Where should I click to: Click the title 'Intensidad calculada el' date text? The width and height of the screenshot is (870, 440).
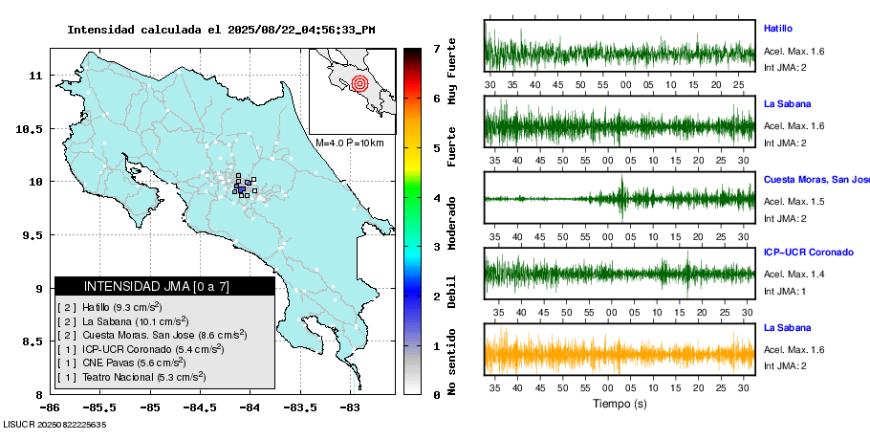pyautogui.click(x=221, y=30)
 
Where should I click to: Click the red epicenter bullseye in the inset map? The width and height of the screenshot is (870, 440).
pyautogui.click(x=359, y=83)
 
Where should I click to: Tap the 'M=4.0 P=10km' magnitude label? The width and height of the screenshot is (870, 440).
pyautogui.click(x=350, y=143)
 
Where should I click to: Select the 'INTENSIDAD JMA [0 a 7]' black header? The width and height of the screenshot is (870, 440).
pyautogui.click(x=164, y=286)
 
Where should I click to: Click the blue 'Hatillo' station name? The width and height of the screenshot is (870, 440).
pyautogui.click(x=778, y=29)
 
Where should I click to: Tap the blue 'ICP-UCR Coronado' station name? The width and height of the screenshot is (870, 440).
pyautogui.click(x=808, y=253)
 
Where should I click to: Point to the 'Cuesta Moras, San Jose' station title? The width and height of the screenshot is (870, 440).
pyautogui.click(x=816, y=179)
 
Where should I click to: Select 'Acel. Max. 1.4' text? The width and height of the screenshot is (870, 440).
pyautogui.click(x=794, y=275)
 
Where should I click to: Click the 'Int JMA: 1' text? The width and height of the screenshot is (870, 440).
pyautogui.click(x=785, y=291)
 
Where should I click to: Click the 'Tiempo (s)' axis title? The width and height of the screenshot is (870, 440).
pyautogui.click(x=620, y=404)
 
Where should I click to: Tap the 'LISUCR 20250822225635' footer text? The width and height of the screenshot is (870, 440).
pyautogui.click(x=54, y=424)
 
